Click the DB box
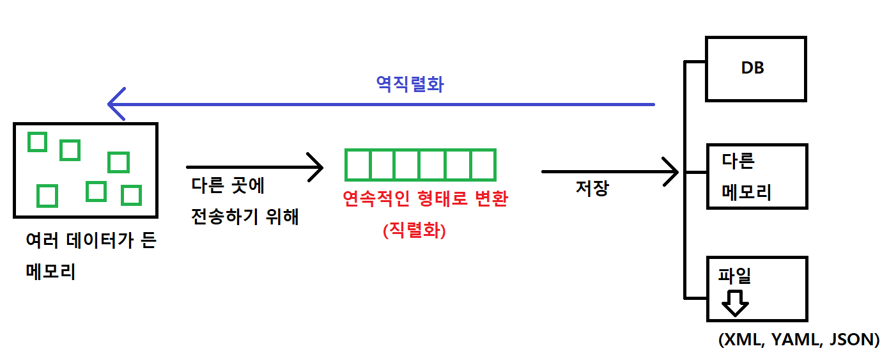click(x=755, y=68)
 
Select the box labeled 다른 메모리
click(x=757, y=176)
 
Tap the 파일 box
click(x=757, y=289)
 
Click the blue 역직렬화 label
click(x=410, y=84)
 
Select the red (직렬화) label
click(x=414, y=230)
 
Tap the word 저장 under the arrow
click(x=592, y=188)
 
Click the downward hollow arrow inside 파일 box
click(x=736, y=303)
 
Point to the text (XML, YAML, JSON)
click(x=798, y=340)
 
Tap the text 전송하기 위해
click(x=245, y=217)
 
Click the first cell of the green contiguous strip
click(x=358, y=164)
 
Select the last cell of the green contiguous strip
click(x=483, y=164)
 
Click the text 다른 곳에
click(x=227, y=186)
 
